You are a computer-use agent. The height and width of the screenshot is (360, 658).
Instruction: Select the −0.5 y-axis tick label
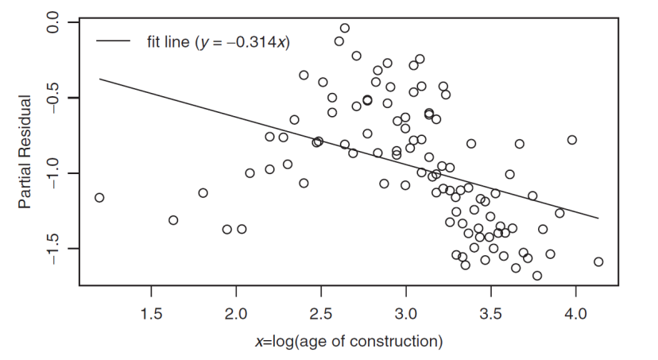point(52,99)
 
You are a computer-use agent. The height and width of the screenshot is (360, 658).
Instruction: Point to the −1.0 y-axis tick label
point(52,173)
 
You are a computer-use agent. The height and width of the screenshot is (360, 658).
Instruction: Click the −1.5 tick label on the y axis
point(52,249)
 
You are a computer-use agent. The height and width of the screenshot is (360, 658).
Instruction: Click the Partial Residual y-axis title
point(25,152)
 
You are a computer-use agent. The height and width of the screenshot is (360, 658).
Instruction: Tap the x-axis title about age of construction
point(348,343)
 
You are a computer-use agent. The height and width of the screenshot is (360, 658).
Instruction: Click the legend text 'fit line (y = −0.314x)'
point(217,41)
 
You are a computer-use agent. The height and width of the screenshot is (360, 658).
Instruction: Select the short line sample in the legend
point(114,41)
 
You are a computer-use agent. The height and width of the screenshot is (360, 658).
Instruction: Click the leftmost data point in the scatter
point(99,197)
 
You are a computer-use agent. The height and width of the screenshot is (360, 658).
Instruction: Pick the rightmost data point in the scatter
point(598,261)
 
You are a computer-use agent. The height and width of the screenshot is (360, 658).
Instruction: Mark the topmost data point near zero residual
point(344,28)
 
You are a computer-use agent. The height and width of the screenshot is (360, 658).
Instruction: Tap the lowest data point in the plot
point(537,276)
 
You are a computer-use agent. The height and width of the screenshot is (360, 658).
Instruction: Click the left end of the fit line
point(99,79)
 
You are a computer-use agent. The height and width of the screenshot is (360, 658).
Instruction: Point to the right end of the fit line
point(598,218)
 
